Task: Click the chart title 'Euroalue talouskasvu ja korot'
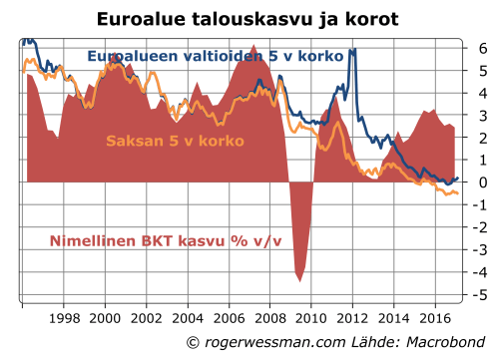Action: coord(247,19)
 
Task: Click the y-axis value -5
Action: coord(479,295)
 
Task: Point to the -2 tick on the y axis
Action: coord(479,227)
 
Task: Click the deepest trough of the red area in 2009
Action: coord(299,279)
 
